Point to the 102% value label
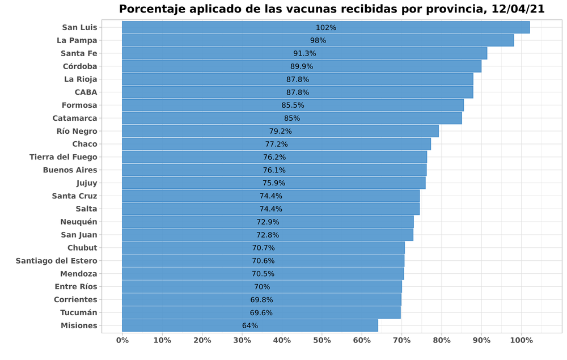(x=326, y=27)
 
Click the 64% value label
(x=250, y=325)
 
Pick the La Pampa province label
(x=77, y=40)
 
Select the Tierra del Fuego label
(x=64, y=157)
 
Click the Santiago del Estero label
(x=57, y=261)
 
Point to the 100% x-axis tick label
(x=522, y=340)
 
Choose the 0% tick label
(x=122, y=340)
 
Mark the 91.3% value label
(x=304, y=53)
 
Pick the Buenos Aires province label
(x=70, y=170)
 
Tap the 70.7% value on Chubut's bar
(x=264, y=248)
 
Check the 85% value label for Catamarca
(x=292, y=118)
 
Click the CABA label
(x=86, y=92)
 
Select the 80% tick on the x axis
(x=442, y=340)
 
